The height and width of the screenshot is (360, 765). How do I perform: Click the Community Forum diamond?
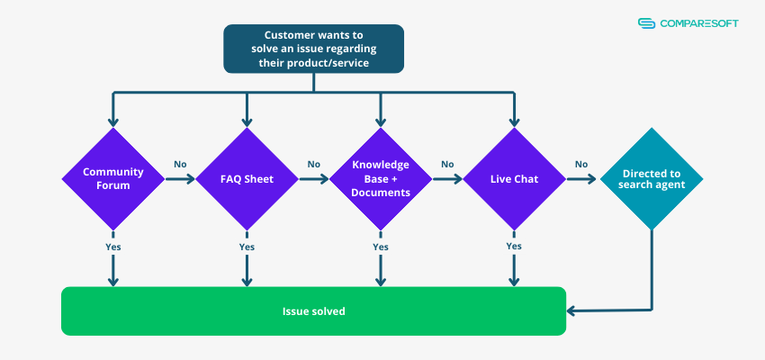(x=113, y=178)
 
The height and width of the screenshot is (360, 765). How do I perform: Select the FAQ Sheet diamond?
(x=247, y=178)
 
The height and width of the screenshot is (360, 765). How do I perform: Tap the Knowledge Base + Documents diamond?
(x=380, y=178)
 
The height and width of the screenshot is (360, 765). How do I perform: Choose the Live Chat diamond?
(x=514, y=178)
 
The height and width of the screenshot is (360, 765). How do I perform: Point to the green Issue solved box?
(x=313, y=310)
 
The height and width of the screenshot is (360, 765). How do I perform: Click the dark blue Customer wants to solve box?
(x=313, y=49)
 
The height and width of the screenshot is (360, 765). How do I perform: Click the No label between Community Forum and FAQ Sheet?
(x=180, y=165)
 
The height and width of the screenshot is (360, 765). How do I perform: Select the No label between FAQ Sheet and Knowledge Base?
(x=313, y=165)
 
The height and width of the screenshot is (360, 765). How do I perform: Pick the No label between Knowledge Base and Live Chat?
(x=447, y=165)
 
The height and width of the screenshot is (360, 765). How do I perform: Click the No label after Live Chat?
(x=581, y=165)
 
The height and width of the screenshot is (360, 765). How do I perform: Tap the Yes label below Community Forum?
(x=113, y=247)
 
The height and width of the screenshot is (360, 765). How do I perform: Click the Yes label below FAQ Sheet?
(x=247, y=247)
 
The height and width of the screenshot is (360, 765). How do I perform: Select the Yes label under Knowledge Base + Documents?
(x=380, y=247)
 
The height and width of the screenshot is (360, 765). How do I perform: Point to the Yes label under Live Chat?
(x=514, y=247)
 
